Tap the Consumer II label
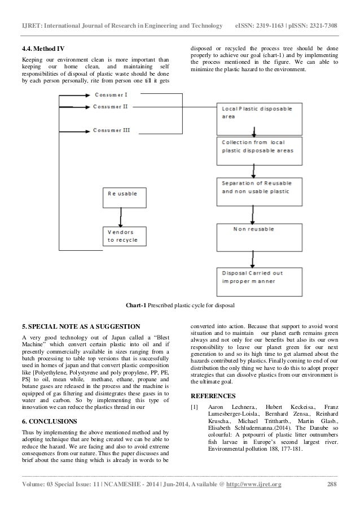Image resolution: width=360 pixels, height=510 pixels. click(x=110, y=106)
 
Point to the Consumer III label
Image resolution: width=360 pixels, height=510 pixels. click(x=111, y=130)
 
